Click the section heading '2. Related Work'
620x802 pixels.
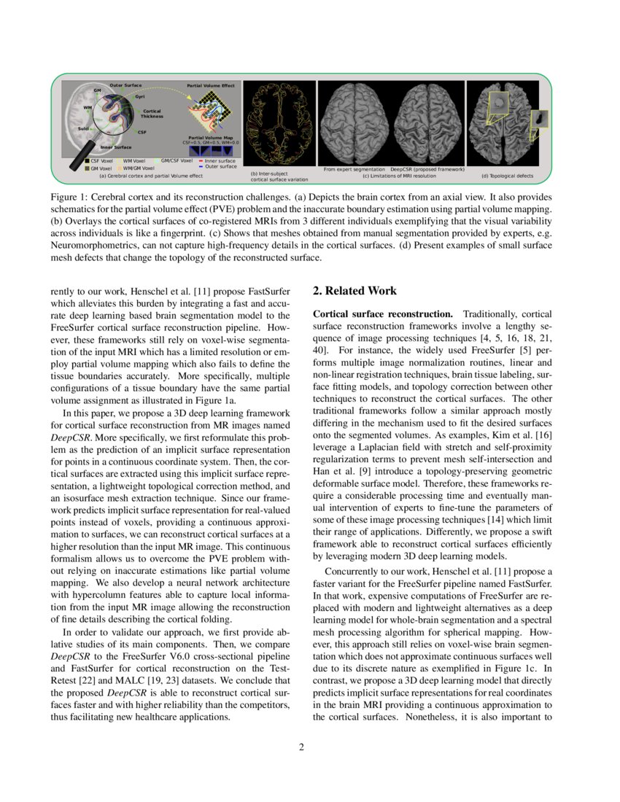(354, 291)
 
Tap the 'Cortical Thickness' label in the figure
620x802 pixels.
(152, 114)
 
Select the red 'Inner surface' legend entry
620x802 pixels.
(217, 160)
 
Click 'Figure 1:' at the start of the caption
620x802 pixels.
(70, 198)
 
